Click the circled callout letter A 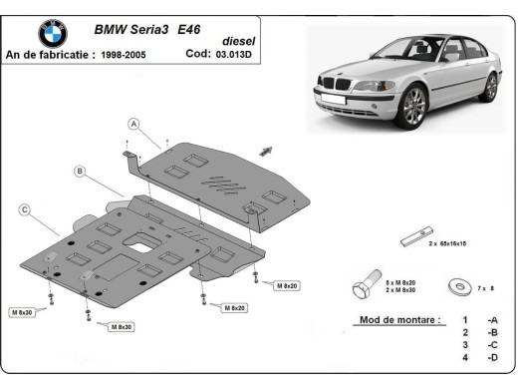click(131, 123)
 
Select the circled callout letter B click(79, 171)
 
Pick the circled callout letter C click(24, 209)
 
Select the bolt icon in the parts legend click(366, 287)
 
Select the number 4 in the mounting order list click(464, 357)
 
